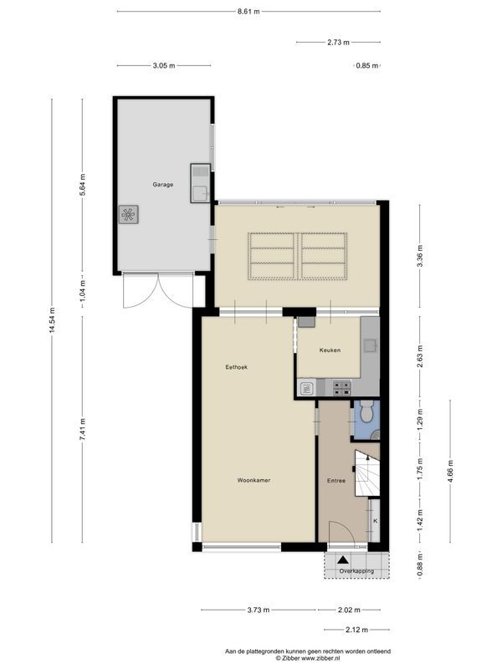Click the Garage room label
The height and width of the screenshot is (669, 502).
pyautogui.click(x=162, y=184)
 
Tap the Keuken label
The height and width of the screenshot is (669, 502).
pyautogui.click(x=330, y=350)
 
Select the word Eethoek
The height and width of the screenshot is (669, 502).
pyautogui.click(x=237, y=367)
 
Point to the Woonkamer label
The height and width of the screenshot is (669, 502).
pyautogui.click(x=253, y=480)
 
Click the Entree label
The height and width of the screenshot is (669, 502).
pyautogui.click(x=336, y=481)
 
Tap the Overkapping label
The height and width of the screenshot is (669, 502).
pyautogui.click(x=356, y=570)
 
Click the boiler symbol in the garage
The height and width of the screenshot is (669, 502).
pyautogui.click(x=129, y=215)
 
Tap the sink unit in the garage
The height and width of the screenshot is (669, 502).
pyautogui.click(x=201, y=183)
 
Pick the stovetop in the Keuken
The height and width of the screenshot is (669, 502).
pyautogui.click(x=341, y=386)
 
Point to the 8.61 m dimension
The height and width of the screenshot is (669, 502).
pyautogui.click(x=248, y=11)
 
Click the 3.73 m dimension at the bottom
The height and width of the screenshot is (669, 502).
pyautogui.click(x=258, y=610)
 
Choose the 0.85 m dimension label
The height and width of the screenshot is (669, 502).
pyautogui.click(x=365, y=65)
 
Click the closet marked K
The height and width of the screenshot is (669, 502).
pyautogui.click(x=375, y=521)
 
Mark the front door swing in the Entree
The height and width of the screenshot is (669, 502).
pyautogui.click(x=340, y=532)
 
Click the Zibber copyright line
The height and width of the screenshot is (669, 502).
pyautogui.click(x=308, y=658)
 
